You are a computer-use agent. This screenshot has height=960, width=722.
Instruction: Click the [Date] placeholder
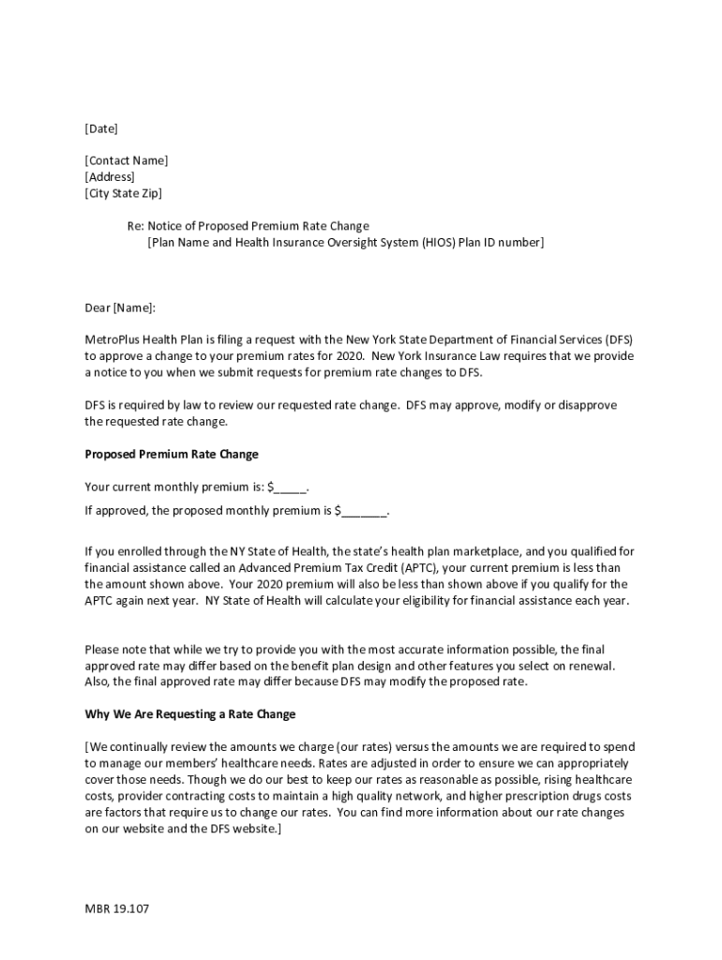101,128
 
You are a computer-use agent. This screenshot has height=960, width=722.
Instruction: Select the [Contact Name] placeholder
127,160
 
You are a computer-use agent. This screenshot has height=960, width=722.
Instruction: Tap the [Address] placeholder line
110,177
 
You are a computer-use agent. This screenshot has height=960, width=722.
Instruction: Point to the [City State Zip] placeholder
123,193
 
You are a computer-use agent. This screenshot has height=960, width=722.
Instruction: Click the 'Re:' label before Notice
136,226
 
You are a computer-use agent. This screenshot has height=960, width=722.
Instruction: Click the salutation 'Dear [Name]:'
120,307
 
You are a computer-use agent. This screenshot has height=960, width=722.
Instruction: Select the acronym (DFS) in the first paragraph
618,339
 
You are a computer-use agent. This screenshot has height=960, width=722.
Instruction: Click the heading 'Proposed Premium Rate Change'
172,454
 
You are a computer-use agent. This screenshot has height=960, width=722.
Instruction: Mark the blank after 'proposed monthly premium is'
364,511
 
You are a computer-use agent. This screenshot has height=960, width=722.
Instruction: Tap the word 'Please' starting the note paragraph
102,649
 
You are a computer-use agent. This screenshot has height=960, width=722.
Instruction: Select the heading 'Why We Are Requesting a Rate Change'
190,714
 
